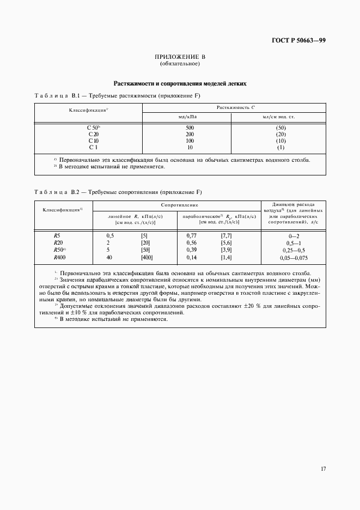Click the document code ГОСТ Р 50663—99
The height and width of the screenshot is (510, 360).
click(298, 40)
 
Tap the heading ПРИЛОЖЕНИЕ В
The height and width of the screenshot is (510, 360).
click(180, 57)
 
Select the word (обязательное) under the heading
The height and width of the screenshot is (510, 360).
click(180, 64)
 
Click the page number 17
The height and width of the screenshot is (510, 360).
click(323, 468)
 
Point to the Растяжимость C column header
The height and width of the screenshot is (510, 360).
click(234, 108)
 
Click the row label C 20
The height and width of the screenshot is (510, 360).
click(93, 133)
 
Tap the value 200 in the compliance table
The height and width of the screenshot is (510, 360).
click(189, 133)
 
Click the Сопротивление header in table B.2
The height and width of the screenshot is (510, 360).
click(178, 205)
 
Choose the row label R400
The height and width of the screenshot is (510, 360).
click(59, 257)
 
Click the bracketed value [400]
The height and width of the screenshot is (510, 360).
click(147, 257)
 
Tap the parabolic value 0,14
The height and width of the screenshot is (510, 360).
click(191, 257)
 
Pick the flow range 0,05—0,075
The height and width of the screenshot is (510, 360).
click(294, 257)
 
